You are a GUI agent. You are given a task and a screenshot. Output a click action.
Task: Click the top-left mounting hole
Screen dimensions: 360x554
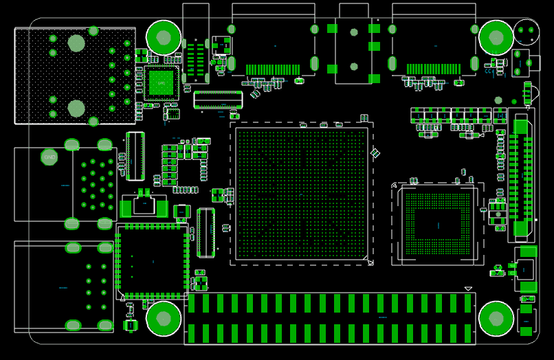164,38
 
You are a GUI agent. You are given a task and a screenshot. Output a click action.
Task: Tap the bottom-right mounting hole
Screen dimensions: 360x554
496,319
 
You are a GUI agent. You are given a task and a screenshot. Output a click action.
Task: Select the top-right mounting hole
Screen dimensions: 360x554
496,38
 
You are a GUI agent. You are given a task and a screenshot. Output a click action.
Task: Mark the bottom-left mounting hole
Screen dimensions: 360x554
164,319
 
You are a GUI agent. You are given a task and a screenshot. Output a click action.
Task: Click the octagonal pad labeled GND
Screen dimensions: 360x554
49,157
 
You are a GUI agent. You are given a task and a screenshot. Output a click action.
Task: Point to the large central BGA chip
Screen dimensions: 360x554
302,194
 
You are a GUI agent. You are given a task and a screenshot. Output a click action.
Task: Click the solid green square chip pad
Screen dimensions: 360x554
162,83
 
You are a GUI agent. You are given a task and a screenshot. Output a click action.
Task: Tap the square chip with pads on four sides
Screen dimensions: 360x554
153,260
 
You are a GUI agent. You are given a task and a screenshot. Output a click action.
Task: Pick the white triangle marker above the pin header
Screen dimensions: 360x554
468,289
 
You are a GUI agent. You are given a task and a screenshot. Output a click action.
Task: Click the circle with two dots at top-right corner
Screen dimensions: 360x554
527,32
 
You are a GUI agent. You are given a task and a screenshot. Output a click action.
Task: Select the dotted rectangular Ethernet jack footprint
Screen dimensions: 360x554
75,76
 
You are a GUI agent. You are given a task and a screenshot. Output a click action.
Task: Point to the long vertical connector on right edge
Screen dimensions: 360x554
521,175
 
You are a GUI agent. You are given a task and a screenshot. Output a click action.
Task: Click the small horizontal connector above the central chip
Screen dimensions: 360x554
218,100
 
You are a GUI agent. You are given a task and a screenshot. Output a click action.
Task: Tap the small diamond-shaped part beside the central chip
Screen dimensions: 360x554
375,153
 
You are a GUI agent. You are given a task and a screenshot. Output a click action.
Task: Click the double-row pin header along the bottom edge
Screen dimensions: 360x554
330,318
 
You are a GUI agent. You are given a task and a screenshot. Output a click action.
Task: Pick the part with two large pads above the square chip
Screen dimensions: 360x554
144,205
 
